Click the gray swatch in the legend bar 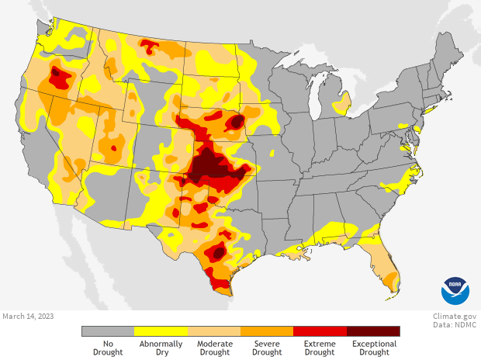[x=108, y=331]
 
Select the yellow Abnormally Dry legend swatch [x=161, y=331]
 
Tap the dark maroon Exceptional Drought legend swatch [x=373, y=331]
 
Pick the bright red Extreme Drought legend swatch [x=320, y=331]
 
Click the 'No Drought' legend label [x=108, y=348]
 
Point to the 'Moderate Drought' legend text [x=214, y=348]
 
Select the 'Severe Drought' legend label [x=267, y=348]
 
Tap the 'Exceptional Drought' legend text [x=373, y=348]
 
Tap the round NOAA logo [x=455, y=290]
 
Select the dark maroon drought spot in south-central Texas [x=219, y=252]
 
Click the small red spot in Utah [x=114, y=147]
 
